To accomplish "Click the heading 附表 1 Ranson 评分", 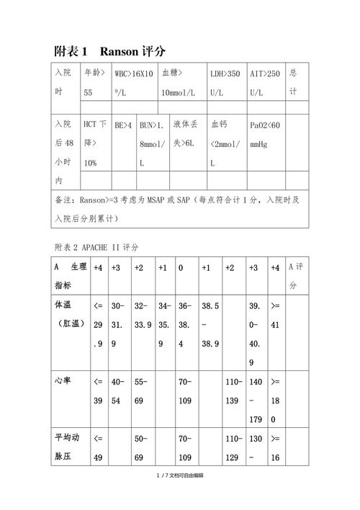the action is pos(110,51).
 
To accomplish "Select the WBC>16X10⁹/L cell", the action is pos(133,83).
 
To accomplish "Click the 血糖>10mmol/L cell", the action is pos(181,83).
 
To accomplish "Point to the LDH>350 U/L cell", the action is pos(225,83).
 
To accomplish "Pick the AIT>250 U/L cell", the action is pos(265,83).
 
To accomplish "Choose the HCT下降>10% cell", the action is pos(95,143).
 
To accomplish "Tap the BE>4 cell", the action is pos(123,125).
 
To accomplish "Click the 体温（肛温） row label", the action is pos(71,315).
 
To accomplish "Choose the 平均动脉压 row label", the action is pos(71,447).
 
